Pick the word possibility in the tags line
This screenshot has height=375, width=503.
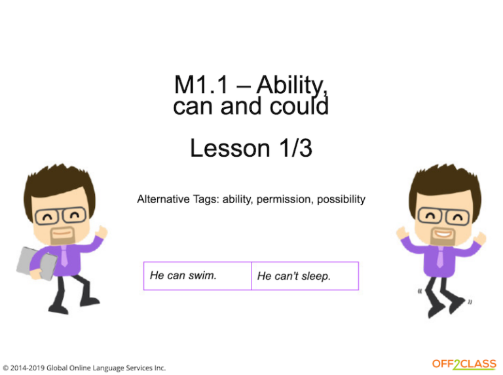click(x=341, y=199)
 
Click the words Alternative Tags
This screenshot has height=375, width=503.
click(x=177, y=199)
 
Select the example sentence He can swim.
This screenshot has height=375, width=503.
click(x=183, y=275)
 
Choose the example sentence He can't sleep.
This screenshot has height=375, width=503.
click(x=294, y=276)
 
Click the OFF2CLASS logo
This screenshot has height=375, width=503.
click(x=464, y=365)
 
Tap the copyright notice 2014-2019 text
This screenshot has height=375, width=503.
click(x=84, y=368)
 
